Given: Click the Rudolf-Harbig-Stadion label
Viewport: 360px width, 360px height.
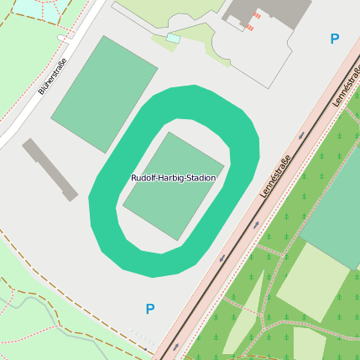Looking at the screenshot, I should [x=173, y=178].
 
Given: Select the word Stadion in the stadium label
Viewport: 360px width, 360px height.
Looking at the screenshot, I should [x=201, y=178].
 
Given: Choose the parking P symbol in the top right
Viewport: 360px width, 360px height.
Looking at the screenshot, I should [x=335, y=39].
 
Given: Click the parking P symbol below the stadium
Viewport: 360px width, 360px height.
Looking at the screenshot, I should [x=150, y=309].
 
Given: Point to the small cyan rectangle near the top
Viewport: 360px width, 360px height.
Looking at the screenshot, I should [x=173, y=38].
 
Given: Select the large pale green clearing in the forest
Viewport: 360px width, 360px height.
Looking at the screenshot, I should [x=312, y=282].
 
